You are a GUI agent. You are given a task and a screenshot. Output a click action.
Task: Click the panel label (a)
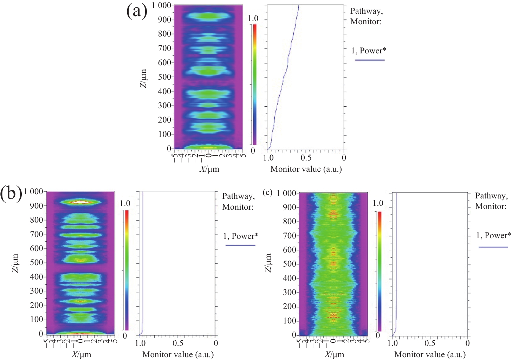pyautogui.click(x=137, y=11)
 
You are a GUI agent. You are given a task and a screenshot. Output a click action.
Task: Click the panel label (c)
pyautogui.click(x=268, y=192)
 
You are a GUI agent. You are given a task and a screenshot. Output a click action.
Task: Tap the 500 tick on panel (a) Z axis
pyautogui.click(x=164, y=77)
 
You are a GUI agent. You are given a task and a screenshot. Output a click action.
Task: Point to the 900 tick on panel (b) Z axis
pyautogui.click(x=37, y=206)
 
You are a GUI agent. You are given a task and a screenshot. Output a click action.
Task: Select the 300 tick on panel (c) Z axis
pyautogui.click(x=290, y=292)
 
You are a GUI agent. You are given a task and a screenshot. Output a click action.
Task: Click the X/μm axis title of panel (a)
pyautogui.click(x=209, y=169)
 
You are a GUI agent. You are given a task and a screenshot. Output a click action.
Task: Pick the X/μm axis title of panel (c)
pyautogui.click(x=334, y=354)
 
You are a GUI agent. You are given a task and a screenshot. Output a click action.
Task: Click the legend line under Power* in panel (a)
pyautogui.click(x=369, y=60)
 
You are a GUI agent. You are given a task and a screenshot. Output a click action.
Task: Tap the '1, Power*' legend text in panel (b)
pyautogui.click(x=241, y=236)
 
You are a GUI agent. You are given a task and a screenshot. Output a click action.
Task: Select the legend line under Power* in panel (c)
pyautogui.click(x=493, y=247)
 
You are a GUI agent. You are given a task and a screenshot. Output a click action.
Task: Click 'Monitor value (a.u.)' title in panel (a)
pyautogui.click(x=306, y=169)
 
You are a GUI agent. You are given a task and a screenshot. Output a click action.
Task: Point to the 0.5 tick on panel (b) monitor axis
pyautogui.click(x=178, y=343)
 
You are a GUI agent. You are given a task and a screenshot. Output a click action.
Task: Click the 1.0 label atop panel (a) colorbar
pyautogui.click(x=253, y=18)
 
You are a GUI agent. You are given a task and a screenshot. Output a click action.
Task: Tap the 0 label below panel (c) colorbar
pyautogui.click(x=378, y=335)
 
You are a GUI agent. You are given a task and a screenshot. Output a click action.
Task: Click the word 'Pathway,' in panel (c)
pyautogui.click(x=491, y=196)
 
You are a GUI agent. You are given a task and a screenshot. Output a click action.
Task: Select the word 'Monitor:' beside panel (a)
pyautogui.click(x=366, y=22)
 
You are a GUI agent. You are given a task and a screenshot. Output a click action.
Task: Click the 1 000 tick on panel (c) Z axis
pyautogui.click(x=286, y=193)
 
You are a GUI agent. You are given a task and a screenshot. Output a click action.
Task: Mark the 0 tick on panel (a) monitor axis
pyautogui.click(x=344, y=158)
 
